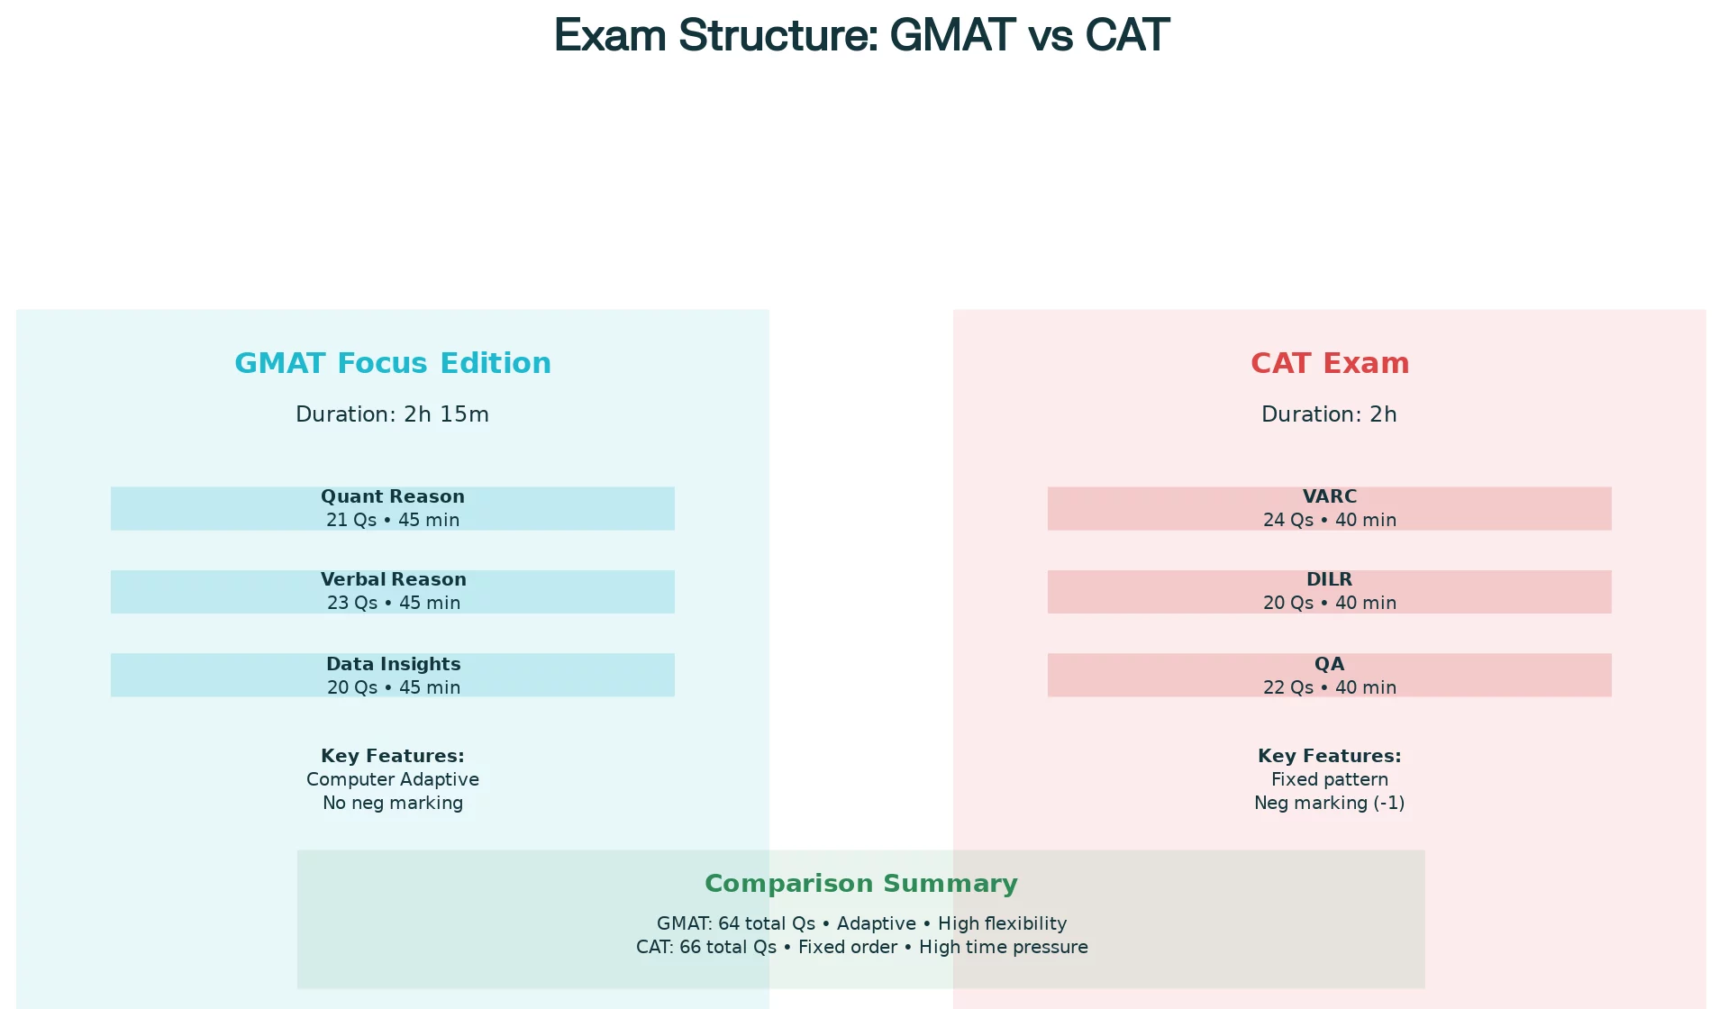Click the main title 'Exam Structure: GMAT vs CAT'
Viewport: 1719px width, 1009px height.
pyautogui.click(x=861, y=36)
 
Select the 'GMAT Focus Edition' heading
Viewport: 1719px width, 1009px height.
pyautogui.click(x=393, y=363)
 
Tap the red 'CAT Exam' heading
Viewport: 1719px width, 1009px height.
pyautogui.click(x=1330, y=363)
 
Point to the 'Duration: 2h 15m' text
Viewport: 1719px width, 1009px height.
pyautogui.click(x=393, y=414)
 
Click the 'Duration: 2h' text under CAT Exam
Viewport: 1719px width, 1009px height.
pyautogui.click(x=1330, y=414)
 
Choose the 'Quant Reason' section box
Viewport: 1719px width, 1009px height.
pyautogui.click(x=393, y=509)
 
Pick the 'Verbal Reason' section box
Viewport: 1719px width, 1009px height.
pyautogui.click(x=393, y=592)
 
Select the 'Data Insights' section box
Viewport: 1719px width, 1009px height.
pyautogui.click(x=393, y=675)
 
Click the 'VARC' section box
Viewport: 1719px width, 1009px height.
pyautogui.click(x=1330, y=509)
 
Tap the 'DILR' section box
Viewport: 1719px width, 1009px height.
pyautogui.click(x=1330, y=592)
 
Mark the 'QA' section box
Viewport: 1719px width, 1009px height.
pyautogui.click(x=1330, y=675)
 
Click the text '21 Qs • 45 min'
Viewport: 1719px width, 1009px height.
pyautogui.click(x=393, y=520)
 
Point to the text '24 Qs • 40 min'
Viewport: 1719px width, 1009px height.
pyautogui.click(x=1330, y=520)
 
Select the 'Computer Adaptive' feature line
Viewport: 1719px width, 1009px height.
pyautogui.click(x=393, y=779)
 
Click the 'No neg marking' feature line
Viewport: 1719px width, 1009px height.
pyautogui.click(x=393, y=803)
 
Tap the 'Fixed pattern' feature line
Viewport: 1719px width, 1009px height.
pyautogui.click(x=1330, y=779)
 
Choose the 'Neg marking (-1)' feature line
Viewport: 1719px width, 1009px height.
pyautogui.click(x=1330, y=803)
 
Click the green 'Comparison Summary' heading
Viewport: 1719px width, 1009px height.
pyautogui.click(x=861, y=884)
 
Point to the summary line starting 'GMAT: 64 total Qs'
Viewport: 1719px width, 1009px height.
pyautogui.click(x=861, y=923)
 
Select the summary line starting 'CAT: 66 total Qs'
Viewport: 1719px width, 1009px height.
pyautogui.click(x=861, y=947)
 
